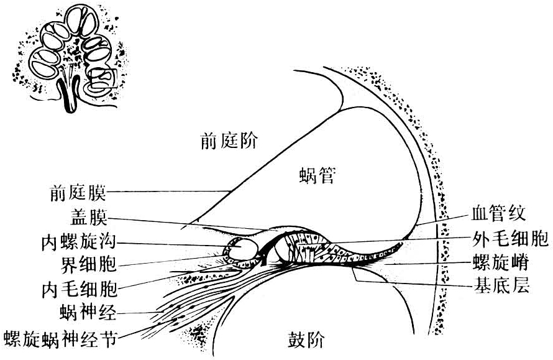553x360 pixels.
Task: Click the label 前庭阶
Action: [229, 141]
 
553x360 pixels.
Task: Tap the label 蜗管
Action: [317, 175]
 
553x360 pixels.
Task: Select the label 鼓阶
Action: [306, 340]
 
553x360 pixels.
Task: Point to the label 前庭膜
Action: [78, 193]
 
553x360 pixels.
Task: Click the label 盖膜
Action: [88, 218]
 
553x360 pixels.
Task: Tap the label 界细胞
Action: [88, 264]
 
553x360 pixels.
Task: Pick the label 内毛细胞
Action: [79, 289]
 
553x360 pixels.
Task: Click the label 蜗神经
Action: [88, 313]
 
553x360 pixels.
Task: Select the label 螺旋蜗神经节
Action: [60, 339]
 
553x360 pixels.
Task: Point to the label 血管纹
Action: [499, 213]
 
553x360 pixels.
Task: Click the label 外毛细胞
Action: [510, 239]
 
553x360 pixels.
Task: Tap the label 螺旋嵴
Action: [500, 262]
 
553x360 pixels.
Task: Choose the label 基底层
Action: [501, 285]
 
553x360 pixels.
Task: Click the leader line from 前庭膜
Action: [169, 192]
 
